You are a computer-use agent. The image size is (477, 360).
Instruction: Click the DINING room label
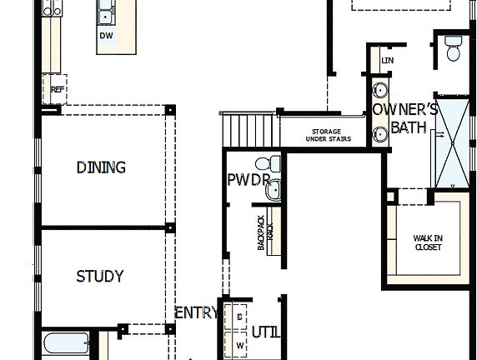click(x=101, y=167)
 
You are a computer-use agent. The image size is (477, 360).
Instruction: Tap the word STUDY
click(x=100, y=276)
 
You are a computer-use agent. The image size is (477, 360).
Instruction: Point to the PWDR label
click(x=248, y=180)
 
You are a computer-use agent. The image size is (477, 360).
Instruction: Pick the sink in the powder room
click(x=274, y=191)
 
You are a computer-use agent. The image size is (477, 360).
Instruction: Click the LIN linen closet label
click(x=387, y=61)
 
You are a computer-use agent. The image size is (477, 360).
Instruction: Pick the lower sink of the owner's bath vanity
click(x=380, y=132)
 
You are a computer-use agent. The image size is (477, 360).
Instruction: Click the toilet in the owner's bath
click(x=454, y=49)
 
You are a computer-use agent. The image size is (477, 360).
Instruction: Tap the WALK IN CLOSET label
click(x=428, y=242)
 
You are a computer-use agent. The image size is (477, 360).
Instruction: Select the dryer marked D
click(x=239, y=317)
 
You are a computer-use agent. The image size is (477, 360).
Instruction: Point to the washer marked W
click(x=239, y=343)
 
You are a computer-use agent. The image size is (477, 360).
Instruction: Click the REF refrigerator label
click(x=58, y=88)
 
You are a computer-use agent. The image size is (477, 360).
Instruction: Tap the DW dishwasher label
click(x=106, y=36)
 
